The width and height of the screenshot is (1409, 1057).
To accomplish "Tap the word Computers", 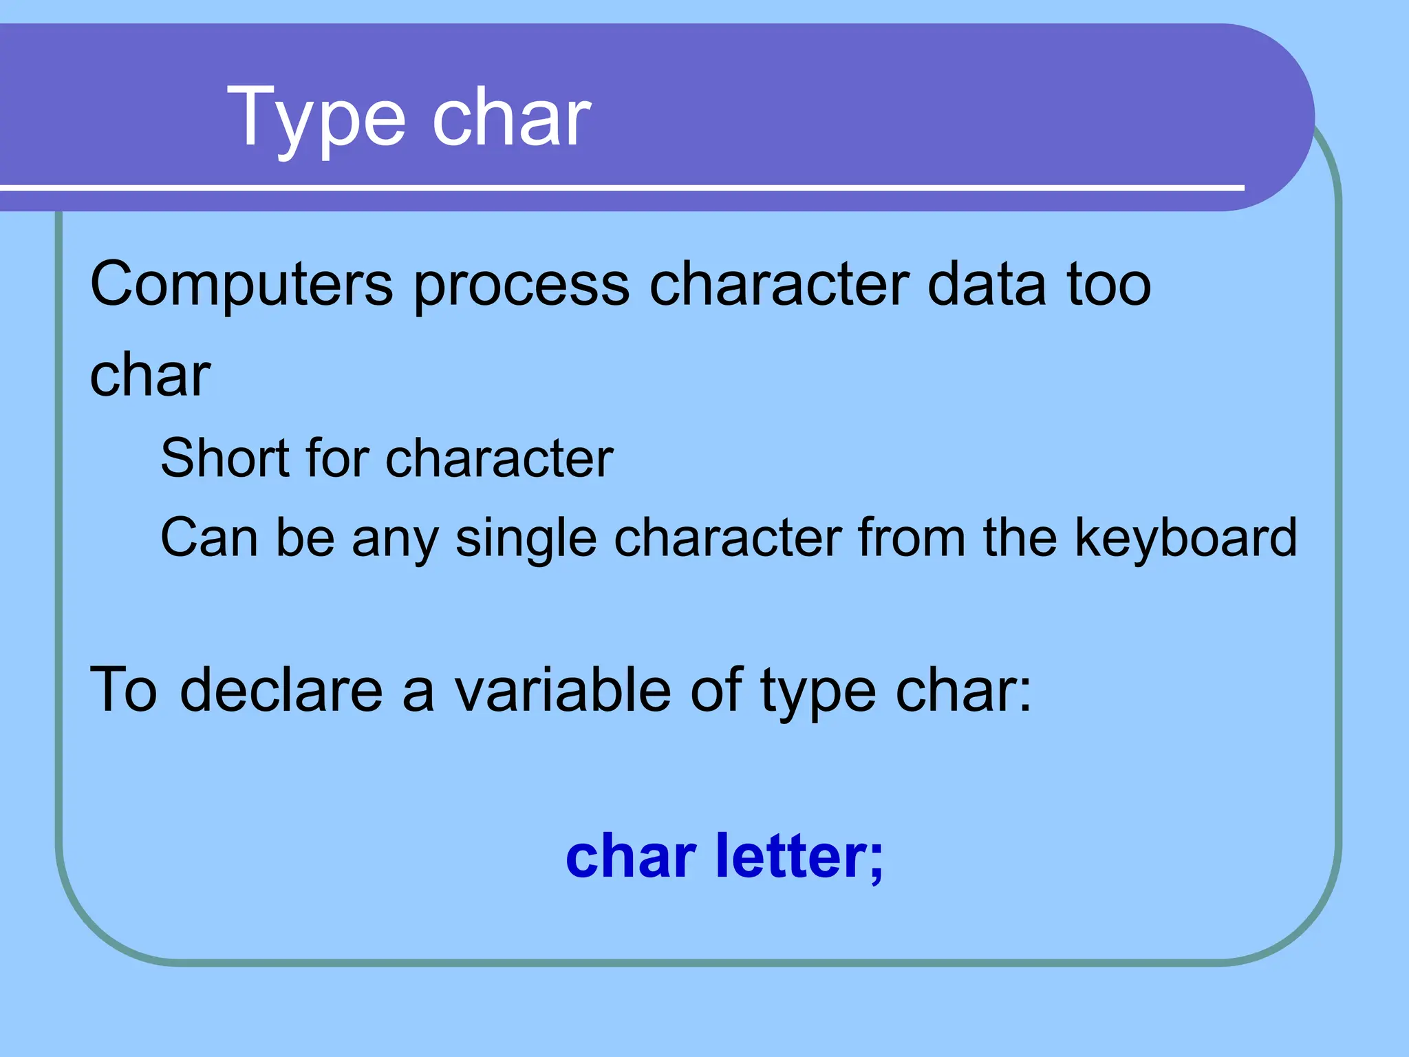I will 241,284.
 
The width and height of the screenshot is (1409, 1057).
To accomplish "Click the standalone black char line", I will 150,375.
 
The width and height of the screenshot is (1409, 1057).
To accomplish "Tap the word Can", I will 209,537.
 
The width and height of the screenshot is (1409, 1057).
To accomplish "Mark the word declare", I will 281,690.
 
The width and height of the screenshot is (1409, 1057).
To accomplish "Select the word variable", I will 562,690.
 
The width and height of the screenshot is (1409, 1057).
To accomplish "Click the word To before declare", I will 124,690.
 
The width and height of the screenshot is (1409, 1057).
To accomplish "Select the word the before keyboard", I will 1020,537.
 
